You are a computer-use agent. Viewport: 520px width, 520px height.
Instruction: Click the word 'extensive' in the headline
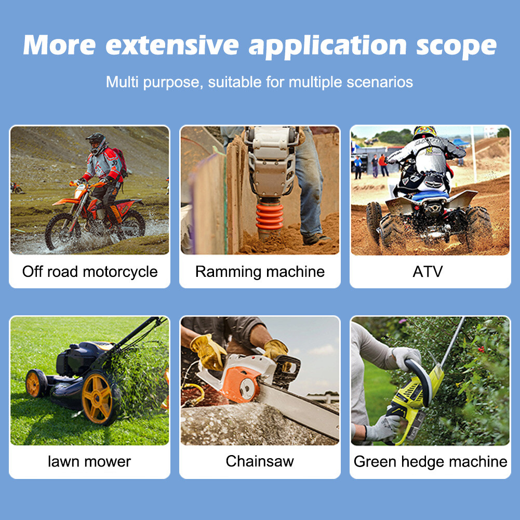click(172, 45)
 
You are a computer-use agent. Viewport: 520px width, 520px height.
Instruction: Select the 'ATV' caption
click(428, 272)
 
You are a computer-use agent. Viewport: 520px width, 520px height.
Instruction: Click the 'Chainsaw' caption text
click(260, 461)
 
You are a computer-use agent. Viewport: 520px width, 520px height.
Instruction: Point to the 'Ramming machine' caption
click(260, 272)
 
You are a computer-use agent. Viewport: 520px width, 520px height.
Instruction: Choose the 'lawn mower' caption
click(89, 461)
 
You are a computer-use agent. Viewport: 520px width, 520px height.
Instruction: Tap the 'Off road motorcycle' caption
click(90, 272)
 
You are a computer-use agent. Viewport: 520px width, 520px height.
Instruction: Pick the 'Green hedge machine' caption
click(431, 462)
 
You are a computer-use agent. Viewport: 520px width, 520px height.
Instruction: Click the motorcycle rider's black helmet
click(96, 143)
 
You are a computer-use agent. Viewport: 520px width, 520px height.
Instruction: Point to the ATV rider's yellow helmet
click(424, 131)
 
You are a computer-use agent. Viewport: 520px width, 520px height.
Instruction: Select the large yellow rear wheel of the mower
click(97, 398)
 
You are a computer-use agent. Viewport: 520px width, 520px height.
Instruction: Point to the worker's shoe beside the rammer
click(315, 239)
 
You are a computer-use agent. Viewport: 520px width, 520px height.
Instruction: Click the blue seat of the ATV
click(430, 195)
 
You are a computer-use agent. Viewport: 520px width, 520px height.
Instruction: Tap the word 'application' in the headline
click(328, 46)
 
